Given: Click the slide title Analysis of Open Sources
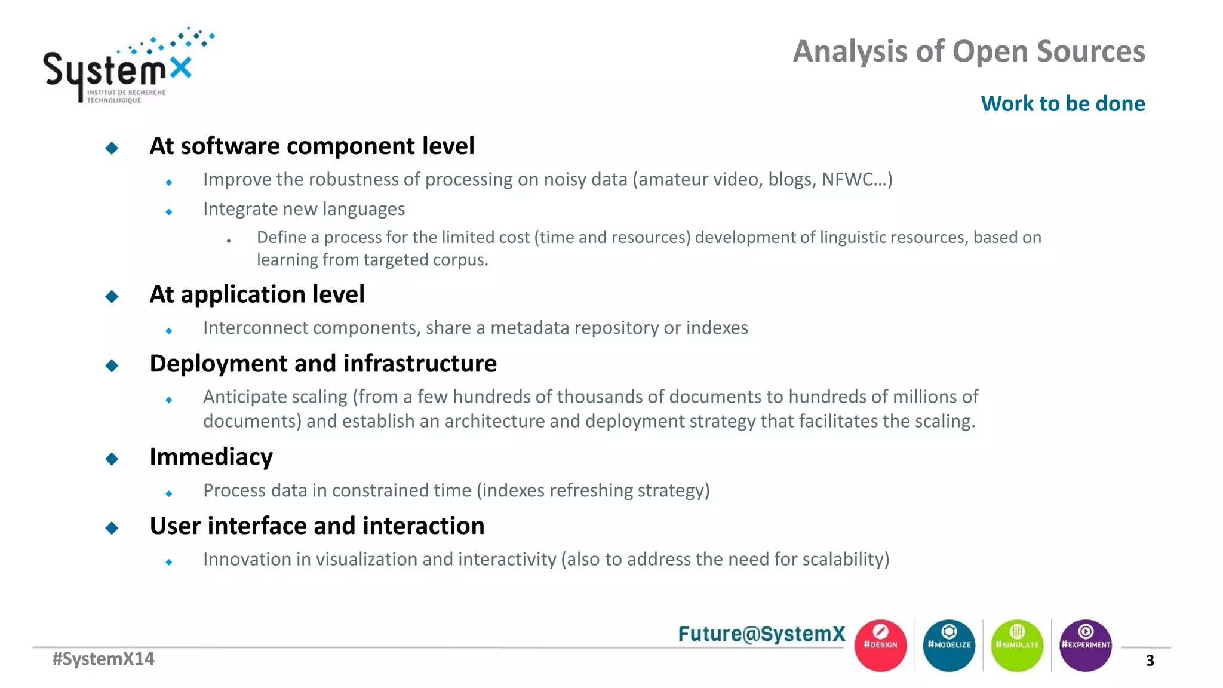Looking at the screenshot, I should coord(969,51).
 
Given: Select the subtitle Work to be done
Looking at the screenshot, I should coord(1062,103).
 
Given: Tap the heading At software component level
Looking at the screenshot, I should coord(312,146).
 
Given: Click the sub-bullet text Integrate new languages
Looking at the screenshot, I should coord(303,209).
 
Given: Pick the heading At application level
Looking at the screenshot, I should coord(257,294).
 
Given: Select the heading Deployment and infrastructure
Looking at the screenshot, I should coord(323,364).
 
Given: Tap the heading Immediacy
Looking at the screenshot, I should coord(211,457).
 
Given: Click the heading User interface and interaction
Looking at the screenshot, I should coord(316,526).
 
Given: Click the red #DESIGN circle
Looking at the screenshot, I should coord(880,645).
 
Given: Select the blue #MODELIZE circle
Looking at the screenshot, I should coord(949,645).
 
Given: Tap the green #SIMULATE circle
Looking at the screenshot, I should coord(1017,645).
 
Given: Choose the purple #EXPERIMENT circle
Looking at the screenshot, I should coord(1085,645).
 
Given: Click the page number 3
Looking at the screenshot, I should coord(1150,661).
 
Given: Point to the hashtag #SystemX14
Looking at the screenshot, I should coord(103,659).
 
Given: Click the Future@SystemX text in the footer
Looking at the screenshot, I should coord(761,634).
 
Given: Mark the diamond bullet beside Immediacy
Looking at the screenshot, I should coord(112,459).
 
